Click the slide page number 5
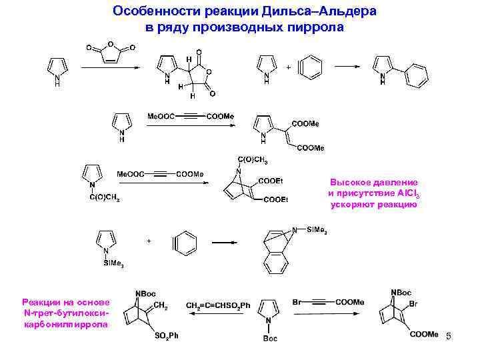(449, 337)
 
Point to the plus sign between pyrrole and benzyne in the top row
(288, 67)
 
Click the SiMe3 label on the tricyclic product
(317, 230)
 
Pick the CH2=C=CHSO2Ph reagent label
(218, 305)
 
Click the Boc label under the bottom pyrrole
(270, 339)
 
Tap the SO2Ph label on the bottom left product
(167, 335)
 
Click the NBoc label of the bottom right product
(401, 292)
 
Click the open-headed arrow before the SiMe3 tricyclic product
(224, 244)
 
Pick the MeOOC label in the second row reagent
(161, 116)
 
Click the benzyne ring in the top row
(311, 68)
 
